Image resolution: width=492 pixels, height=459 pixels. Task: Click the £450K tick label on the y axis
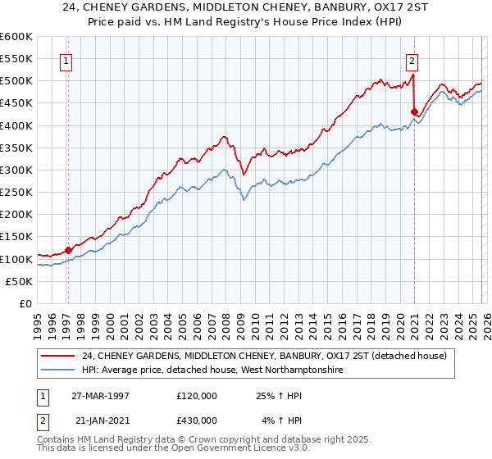[16, 103]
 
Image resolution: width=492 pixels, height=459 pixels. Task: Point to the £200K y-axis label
[16, 215]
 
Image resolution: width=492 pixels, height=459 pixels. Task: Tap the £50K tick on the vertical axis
[19, 281]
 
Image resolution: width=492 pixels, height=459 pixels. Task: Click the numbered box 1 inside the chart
[66, 60]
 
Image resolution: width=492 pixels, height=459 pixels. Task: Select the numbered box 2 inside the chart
[412, 60]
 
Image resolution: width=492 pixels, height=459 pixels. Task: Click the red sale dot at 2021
[414, 111]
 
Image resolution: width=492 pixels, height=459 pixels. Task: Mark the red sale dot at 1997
[68, 250]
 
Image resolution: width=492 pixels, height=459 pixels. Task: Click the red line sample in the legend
[58, 356]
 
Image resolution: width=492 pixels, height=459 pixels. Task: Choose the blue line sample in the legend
[58, 370]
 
